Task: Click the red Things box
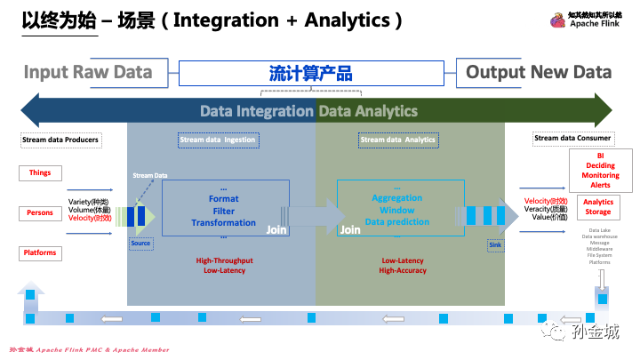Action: point(40,172)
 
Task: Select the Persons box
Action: point(40,213)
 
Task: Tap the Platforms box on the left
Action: point(40,253)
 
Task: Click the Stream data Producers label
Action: point(60,140)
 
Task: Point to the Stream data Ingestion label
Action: point(218,140)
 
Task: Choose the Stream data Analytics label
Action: point(397,140)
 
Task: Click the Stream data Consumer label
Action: point(572,138)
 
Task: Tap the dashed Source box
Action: point(140,243)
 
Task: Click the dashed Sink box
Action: point(496,243)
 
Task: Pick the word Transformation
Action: point(223,222)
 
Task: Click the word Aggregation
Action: point(396,198)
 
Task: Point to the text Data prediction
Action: point(396,221)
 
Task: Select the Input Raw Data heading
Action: point(88,73)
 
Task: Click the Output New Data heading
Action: point(539,73)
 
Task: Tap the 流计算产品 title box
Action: point(310,73)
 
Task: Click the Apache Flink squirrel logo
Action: point(557,20)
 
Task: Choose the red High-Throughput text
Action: point(223,260)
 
